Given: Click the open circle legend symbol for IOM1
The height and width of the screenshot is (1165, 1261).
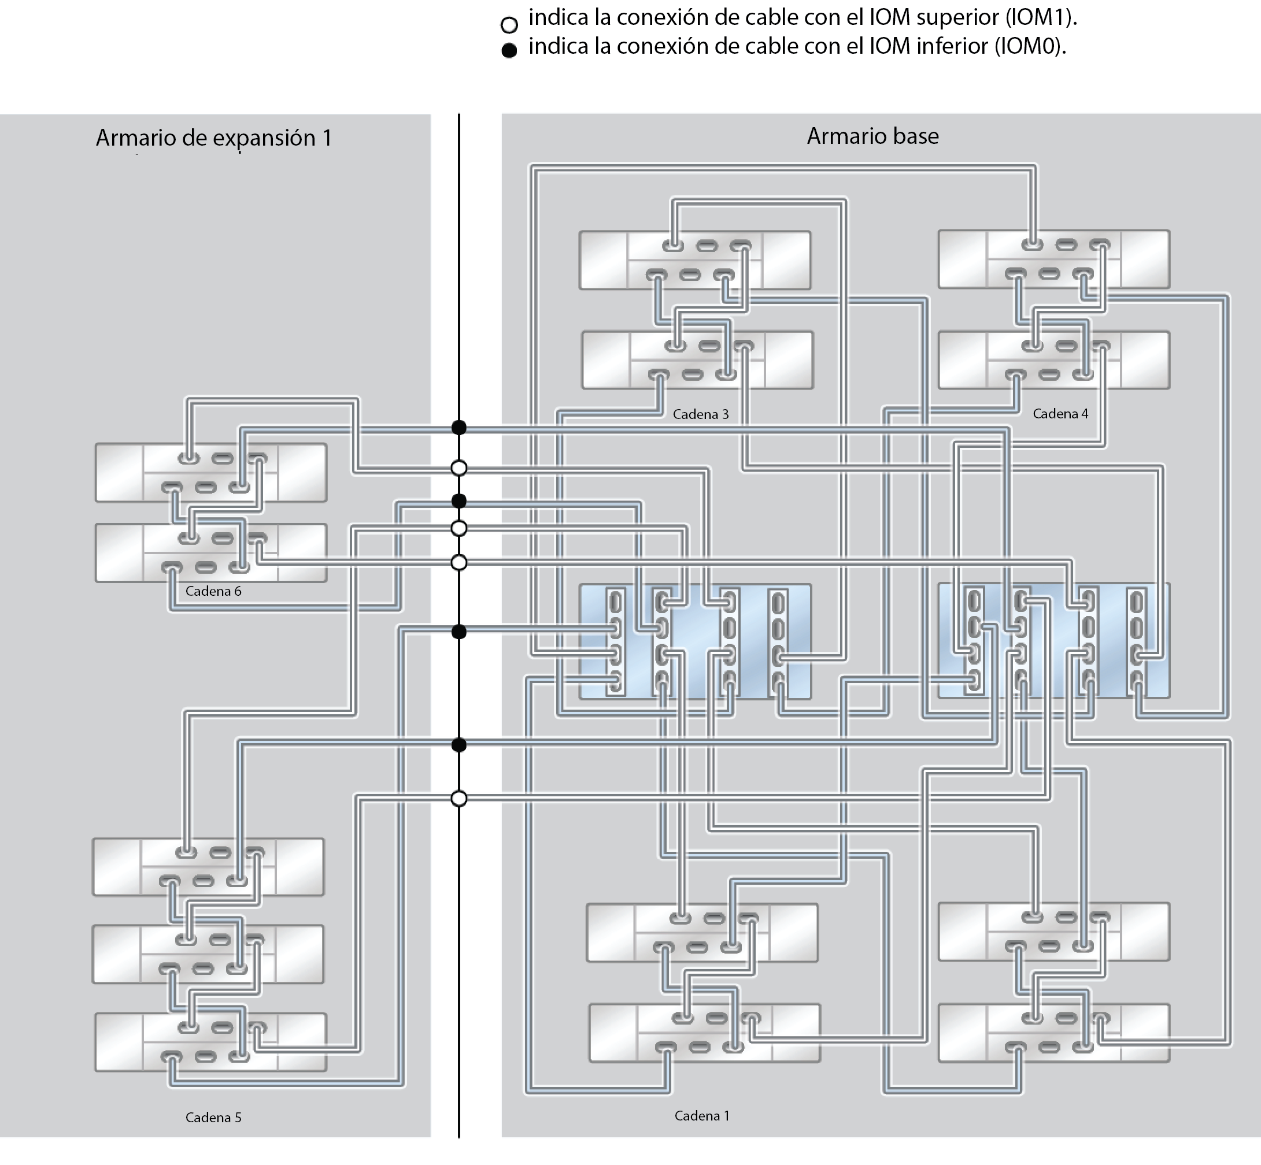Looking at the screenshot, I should coord(509,25).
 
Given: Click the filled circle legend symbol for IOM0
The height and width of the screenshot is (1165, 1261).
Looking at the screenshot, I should coord(509,51).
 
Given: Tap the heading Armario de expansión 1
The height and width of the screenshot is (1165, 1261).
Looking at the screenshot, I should coord(214,138).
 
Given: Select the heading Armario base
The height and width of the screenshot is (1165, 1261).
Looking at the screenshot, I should coord(872,136).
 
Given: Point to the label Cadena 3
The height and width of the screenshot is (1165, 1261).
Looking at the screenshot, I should coord(700,414).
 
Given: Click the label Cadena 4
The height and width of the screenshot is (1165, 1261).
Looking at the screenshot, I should coord(1060,414).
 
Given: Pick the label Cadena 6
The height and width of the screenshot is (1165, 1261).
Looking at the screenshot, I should coord(213,591).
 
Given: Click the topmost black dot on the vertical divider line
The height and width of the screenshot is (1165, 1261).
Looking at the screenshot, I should coord(459,428).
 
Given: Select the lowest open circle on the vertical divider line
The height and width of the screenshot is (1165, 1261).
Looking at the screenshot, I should coord(459,799).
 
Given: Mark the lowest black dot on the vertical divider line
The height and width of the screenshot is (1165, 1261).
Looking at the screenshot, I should coord(459,745).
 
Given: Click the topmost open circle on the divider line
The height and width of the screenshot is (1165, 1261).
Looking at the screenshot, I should coord(459,468).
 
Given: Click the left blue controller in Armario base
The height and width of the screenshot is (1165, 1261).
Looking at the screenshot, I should coord(695,641).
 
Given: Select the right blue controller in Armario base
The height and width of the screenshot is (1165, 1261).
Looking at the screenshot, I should coord(1053,640).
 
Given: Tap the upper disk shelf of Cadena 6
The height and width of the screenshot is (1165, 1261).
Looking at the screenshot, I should coord(210,473).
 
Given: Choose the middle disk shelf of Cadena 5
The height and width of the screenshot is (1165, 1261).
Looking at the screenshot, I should coord(208,954).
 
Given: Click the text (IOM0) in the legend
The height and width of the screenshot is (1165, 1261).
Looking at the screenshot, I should coord(1030,46).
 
